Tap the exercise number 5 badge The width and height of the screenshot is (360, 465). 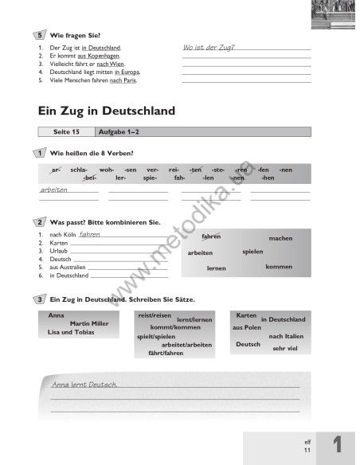(x=41, y=36)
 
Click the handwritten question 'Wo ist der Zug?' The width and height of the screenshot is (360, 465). (x=209, y=48)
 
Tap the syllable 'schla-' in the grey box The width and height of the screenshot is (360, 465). (x=79, y=170)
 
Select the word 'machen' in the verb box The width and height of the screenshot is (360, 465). (x=280, y=238)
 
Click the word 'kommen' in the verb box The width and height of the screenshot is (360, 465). (x=279, y=267)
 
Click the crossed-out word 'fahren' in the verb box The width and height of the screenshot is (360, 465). (x=211, y=236)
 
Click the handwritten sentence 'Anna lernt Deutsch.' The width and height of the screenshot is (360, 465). (x=84, y=385)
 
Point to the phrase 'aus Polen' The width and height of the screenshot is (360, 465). (x=247, y=327)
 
